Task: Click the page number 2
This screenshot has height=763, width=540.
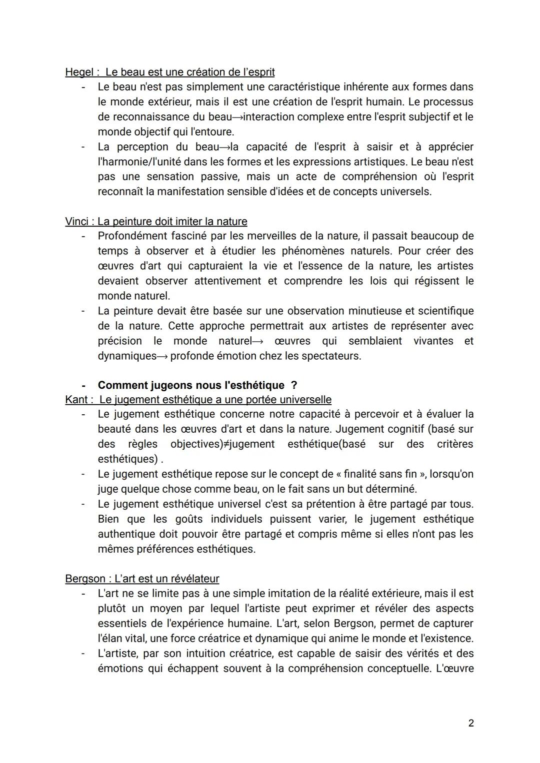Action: (x=471, y=723)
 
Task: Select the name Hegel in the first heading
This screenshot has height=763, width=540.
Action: (x=79, y=72)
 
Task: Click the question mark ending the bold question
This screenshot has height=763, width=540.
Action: (x=294, y=385)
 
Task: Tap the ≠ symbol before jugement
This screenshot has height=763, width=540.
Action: (x=226, y=444)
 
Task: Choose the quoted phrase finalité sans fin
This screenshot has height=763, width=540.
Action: (x=384, y=474)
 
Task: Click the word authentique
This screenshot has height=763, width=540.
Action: (x=127, y=534)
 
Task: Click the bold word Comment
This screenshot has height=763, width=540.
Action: (x=120, y=385)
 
